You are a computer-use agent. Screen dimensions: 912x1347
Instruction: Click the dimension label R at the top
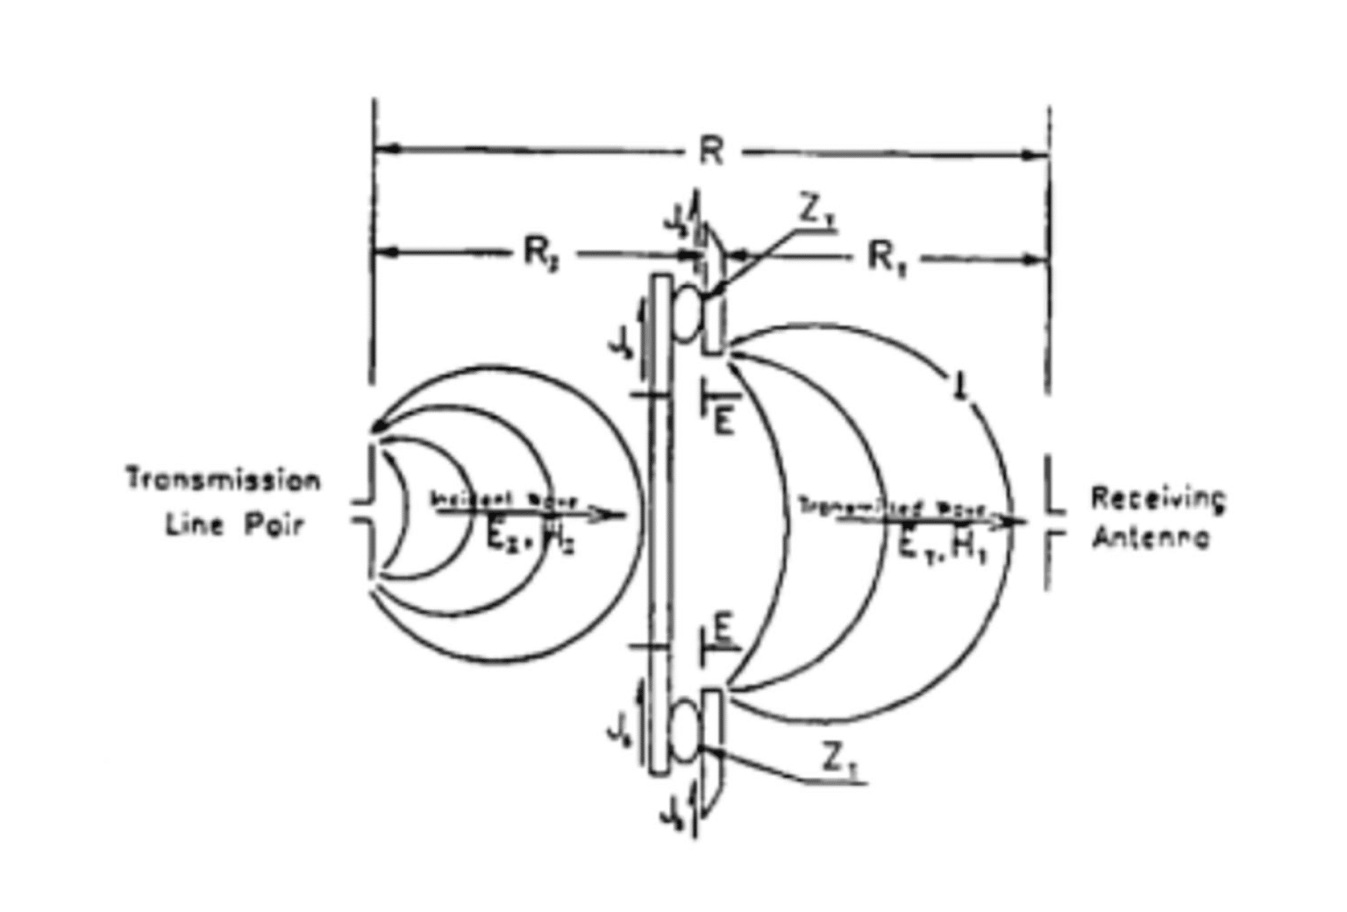(711, 153)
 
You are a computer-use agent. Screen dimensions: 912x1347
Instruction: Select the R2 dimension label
(542, 254)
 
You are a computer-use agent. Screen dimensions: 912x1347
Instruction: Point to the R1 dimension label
(887, 258)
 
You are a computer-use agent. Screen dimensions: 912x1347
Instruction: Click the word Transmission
(224, 480)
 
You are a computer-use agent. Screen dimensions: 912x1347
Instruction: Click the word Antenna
(1151, 537)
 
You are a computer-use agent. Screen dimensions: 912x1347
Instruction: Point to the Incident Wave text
(504, 500)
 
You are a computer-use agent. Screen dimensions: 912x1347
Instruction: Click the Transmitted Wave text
(893, 507)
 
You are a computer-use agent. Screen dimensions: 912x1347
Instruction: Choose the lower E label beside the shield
(723, 629)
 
